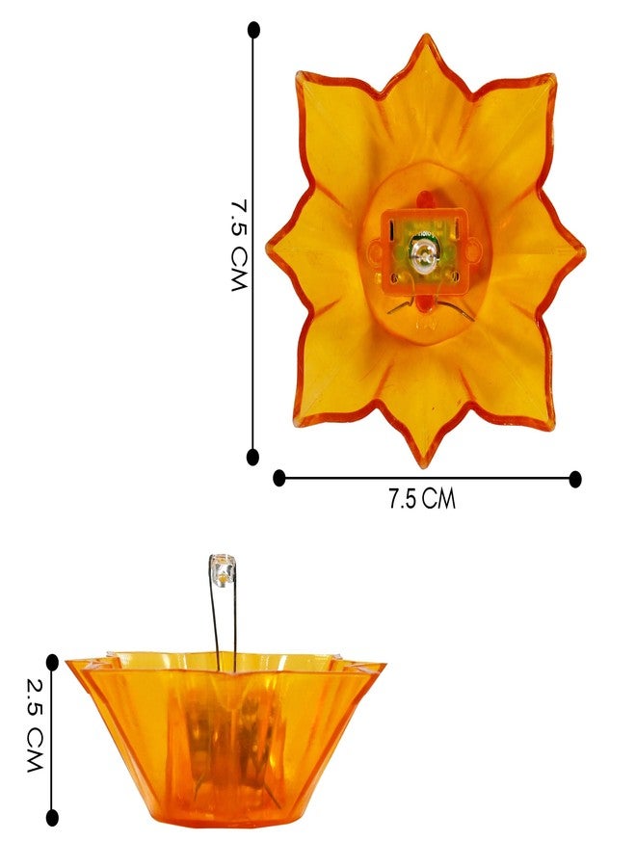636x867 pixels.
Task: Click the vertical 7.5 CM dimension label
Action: point(239,245)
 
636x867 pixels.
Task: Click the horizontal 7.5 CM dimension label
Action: point(421,499)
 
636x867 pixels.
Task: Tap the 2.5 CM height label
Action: point(35,724)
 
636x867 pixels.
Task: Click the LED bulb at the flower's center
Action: point(423,254)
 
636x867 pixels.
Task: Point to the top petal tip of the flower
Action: point(426,36)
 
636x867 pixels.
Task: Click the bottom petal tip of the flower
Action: point(424,466)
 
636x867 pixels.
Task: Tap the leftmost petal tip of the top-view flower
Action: point(268,249)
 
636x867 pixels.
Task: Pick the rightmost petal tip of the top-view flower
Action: point(583,251)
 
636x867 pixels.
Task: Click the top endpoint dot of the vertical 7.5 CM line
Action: point(253,30)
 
